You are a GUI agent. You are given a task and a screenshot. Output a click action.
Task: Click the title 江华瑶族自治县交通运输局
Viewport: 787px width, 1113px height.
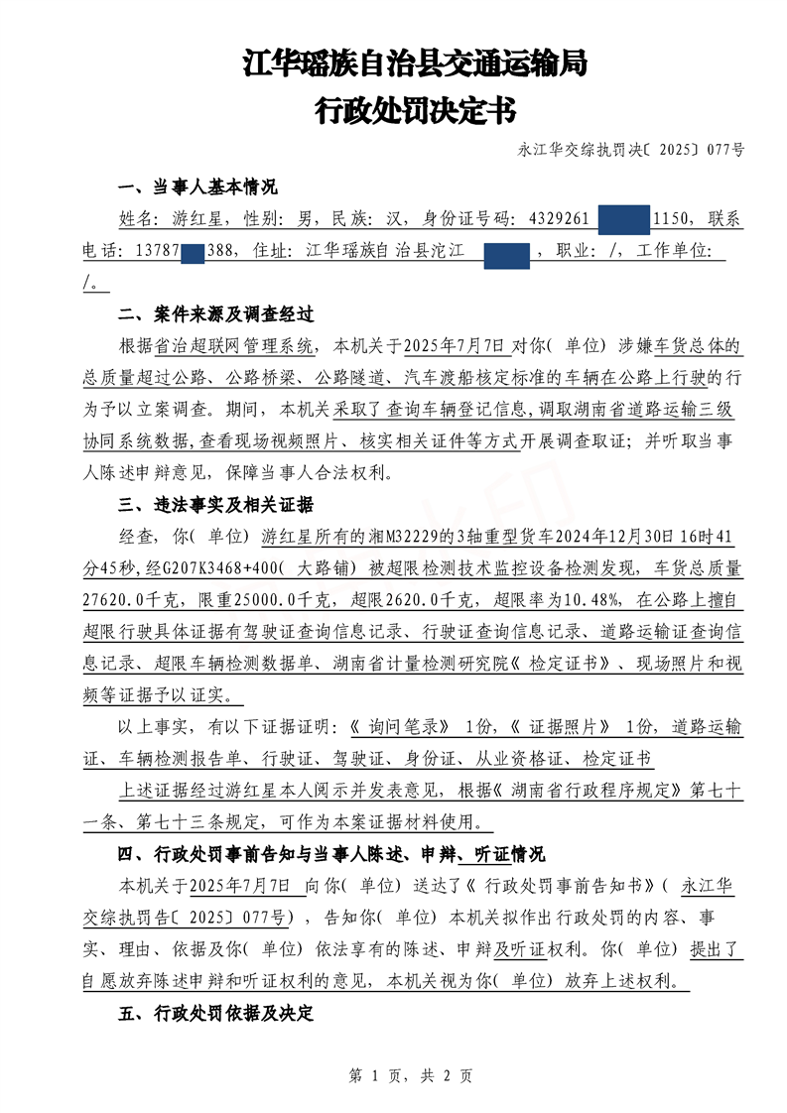pyautogui.click(x=415, y=65)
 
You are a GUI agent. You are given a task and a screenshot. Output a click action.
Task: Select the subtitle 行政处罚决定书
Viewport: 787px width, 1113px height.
pyautogui.click(x=415, y=110)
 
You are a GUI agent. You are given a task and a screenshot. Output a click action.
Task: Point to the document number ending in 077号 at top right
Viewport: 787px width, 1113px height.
pyautogui.click(x=631, y=152)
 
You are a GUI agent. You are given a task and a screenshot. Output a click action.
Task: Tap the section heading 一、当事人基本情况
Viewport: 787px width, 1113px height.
pyautogui.click(x=197, y=187)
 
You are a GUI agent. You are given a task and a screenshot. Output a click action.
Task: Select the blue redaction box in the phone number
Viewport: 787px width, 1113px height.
pyautogui.click(x=194, y=252)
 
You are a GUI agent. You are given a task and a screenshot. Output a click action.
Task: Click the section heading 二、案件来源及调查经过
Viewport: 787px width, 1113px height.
pyautogui.click(x=215, y=314)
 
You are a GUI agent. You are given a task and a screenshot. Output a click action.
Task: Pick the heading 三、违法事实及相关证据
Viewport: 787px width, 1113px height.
pyautogui.click(x=215, y=504)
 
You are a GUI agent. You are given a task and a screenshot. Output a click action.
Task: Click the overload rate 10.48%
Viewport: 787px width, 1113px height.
pyautogui.click(x=594, y=600)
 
